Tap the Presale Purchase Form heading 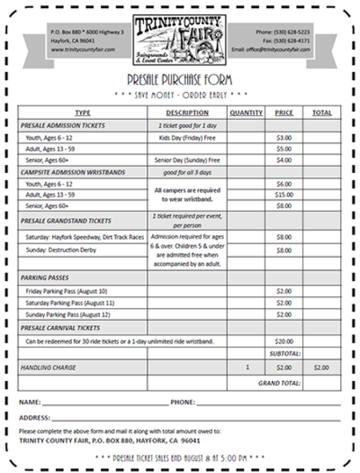pos(179,79)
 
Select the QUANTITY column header pos(246,113)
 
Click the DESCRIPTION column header pos(187,113)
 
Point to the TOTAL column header pos(322,113)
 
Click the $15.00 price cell pos(284,194)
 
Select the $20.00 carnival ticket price pos(284,341)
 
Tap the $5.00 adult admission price pos(284,149)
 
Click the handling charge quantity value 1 pos(246,367)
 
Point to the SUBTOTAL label pos(284,353)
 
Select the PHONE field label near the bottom pos(183,402)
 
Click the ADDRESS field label pos(34,417)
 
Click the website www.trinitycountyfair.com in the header pos(82,50)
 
